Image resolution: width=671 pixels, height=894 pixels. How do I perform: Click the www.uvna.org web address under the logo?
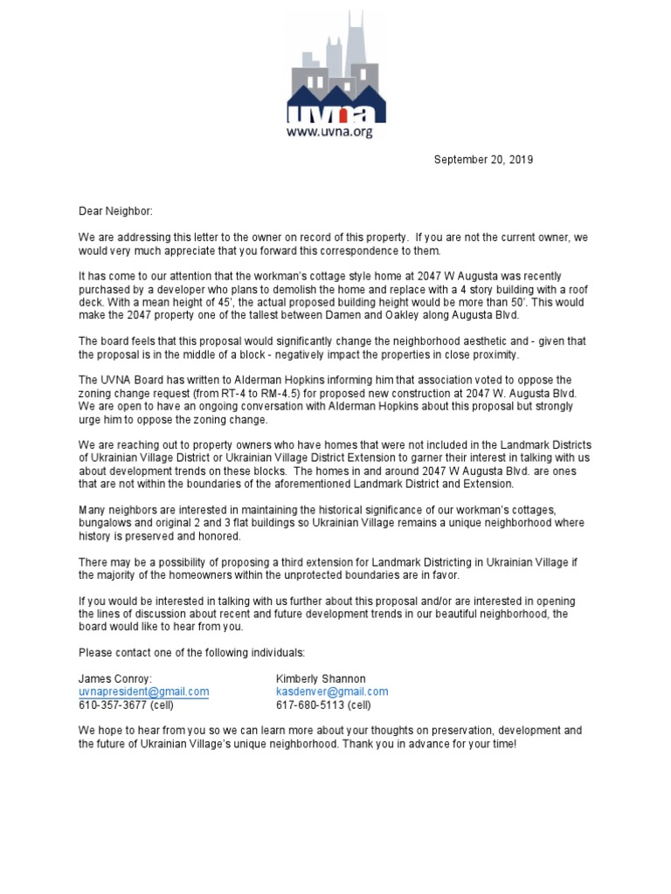pos(335,133)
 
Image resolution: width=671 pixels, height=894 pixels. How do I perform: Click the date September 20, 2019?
pos(483,160)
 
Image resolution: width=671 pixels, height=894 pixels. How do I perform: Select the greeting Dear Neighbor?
pos(115,211)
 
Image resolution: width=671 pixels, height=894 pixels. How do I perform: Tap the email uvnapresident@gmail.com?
pos(143,691)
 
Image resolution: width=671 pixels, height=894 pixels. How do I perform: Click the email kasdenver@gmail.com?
pos(331,691)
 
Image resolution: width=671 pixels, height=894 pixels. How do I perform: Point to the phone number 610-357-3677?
pos(113,705)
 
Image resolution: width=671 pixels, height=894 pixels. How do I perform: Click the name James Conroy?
pos(114,678)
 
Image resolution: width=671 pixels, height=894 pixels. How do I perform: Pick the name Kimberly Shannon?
pos(320,678)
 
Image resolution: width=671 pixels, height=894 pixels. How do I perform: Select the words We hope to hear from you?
pos(142,731)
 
